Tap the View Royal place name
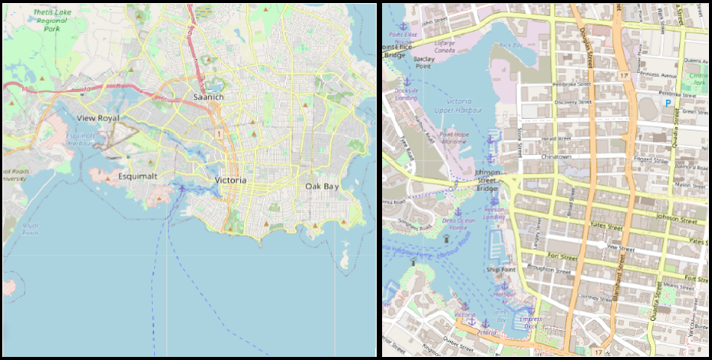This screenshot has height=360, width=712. [99, 118]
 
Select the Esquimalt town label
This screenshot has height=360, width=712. [137, 176]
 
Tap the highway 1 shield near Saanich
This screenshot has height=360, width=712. [219, 134]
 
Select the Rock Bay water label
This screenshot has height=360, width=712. [510, 45]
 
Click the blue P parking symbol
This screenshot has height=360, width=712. [667, 102]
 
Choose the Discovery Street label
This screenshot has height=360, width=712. [573, 102]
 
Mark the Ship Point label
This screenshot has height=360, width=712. [499, 269]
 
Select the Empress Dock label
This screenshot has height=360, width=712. [530, 322]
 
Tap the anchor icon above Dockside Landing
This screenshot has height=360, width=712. [407, 81]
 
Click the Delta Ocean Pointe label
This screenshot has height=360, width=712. [460, 223]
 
